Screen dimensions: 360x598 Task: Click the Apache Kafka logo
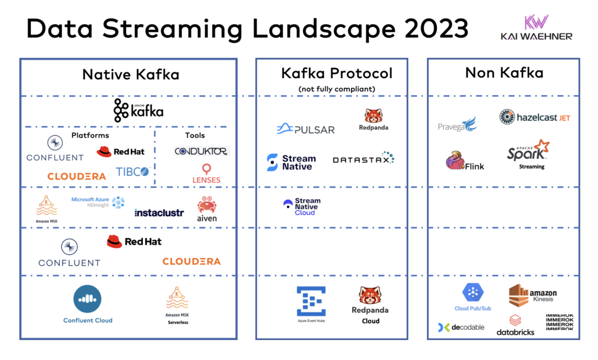coord(138,110)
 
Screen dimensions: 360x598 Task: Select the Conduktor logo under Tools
coord(201,151)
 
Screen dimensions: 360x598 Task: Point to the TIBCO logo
coord(133,171)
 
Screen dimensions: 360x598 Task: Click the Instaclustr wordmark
coord(159,213)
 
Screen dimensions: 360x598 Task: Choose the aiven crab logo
coord(207,209)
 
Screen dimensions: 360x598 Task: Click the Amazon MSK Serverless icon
coord(176,301)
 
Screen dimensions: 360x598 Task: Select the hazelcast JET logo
coord(534,117)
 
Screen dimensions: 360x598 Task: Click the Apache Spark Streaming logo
coord(529,153)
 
